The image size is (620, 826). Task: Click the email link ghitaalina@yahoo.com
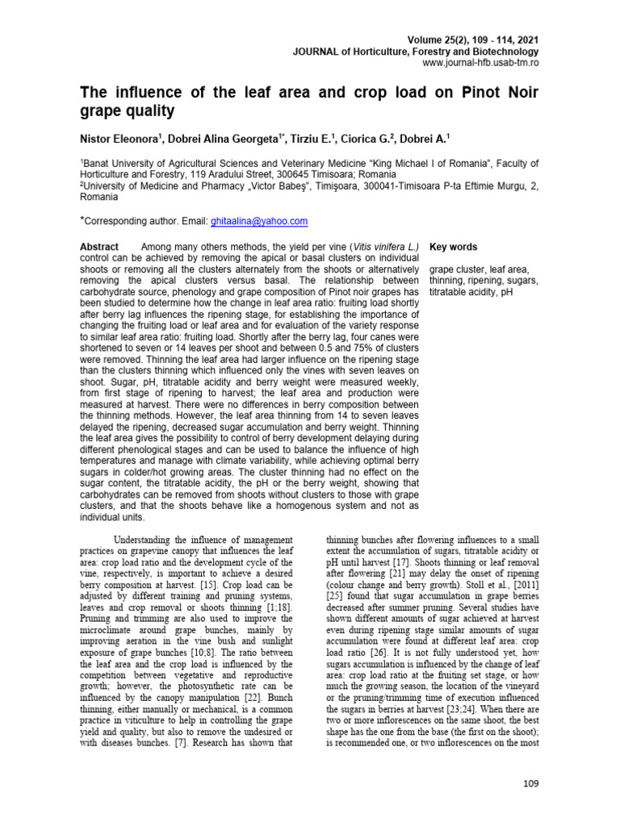pyautogui.click(x=259, y=221)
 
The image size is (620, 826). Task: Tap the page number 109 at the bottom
pyautogui.click(x=530, y=782)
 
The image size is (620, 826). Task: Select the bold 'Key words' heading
pyautogui.click(x=453, y=247)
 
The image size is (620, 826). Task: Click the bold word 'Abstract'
pyautogui.click(x=99, y=247)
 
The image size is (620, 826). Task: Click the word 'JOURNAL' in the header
pyautogui.click(x=315, y=51)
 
